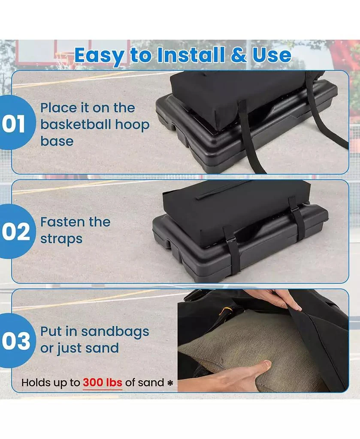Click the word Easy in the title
pos(99,56)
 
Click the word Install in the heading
pos(191,55)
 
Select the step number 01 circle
pos(15,122)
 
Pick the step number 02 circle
pos(15,231)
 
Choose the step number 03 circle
pos(15,340)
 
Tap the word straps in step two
pos(61,239)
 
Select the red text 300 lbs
pos(103,382)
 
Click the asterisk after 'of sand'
pos(170,383)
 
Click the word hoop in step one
pos(132,126)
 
